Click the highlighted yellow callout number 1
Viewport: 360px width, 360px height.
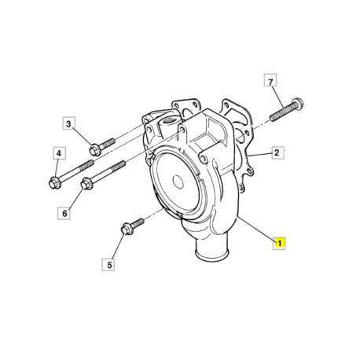(279, 243)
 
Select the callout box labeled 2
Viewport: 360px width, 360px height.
(277, 152)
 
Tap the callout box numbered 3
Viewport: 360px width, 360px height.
(69, 123)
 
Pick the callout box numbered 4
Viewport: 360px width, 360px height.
(59, 153)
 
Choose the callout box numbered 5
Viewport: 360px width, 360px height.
(108, 264)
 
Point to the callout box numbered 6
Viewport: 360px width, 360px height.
(64, 213)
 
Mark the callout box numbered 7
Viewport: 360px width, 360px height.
(270, 81)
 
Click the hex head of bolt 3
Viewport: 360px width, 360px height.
(94, 150)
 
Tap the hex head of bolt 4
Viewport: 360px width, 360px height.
(54, 182)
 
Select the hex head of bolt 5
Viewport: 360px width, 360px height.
(127, 229)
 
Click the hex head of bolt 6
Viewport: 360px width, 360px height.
(86, 183)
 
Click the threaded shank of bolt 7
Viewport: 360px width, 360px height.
(281, 112)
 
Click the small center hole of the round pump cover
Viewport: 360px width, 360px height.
(178, 182)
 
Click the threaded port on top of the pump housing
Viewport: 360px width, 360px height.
(167, 122)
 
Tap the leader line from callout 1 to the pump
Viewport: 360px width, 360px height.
(256, 228)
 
